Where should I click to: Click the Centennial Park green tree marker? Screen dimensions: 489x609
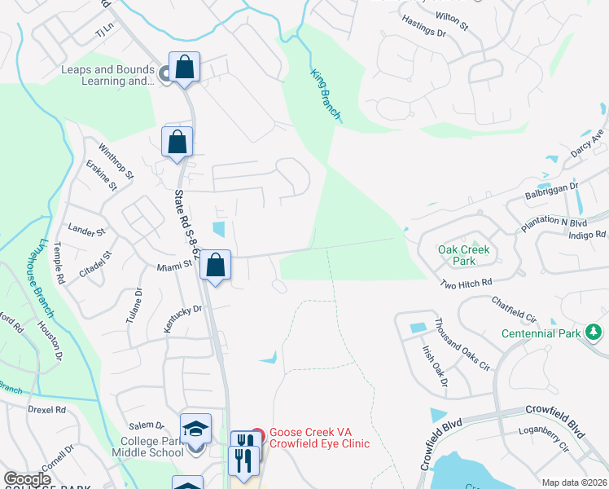[594, 332]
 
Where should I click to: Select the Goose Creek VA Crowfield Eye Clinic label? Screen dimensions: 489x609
[319, 438]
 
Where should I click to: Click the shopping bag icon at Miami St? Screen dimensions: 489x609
[215, 265]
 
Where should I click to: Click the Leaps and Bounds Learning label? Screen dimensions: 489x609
[107, 75]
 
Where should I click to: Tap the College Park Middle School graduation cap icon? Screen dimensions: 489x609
[195, 429]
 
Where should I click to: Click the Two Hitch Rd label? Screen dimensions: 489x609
[467, 283]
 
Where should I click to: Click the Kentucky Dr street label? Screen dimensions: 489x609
[182, 318]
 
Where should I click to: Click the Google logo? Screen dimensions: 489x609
[27, 479]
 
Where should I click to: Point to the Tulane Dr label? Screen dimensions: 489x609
[134, 306]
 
